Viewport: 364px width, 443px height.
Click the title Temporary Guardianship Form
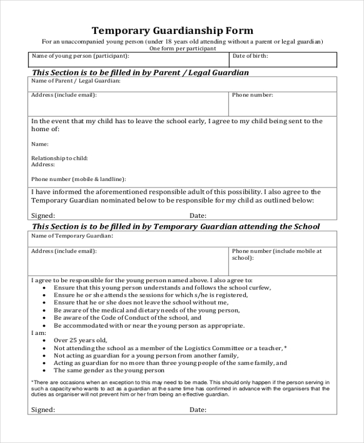click(172, 30)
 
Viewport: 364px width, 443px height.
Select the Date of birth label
click(251, 56)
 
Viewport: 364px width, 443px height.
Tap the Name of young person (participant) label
click(80, 56)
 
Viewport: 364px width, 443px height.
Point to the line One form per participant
click(182, 48)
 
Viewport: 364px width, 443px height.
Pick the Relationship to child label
click(59, 158)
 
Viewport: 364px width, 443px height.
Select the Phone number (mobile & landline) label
click(78, 179)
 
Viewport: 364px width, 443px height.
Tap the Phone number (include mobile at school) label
click(277, 254)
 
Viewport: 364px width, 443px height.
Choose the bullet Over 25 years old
click(80, 340)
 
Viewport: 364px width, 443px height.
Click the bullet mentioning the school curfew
click(163, 287)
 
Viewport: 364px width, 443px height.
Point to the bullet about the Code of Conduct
click(127, 317)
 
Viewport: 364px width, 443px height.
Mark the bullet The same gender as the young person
click(109, 370)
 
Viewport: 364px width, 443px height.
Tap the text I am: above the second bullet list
click(38, 333)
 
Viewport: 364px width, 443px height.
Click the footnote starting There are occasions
click(180, 388)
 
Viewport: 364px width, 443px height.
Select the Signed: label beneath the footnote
click(42, 410)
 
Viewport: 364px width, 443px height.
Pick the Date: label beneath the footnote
click(198, 410)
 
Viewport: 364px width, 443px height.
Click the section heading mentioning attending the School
click(176, 226)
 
